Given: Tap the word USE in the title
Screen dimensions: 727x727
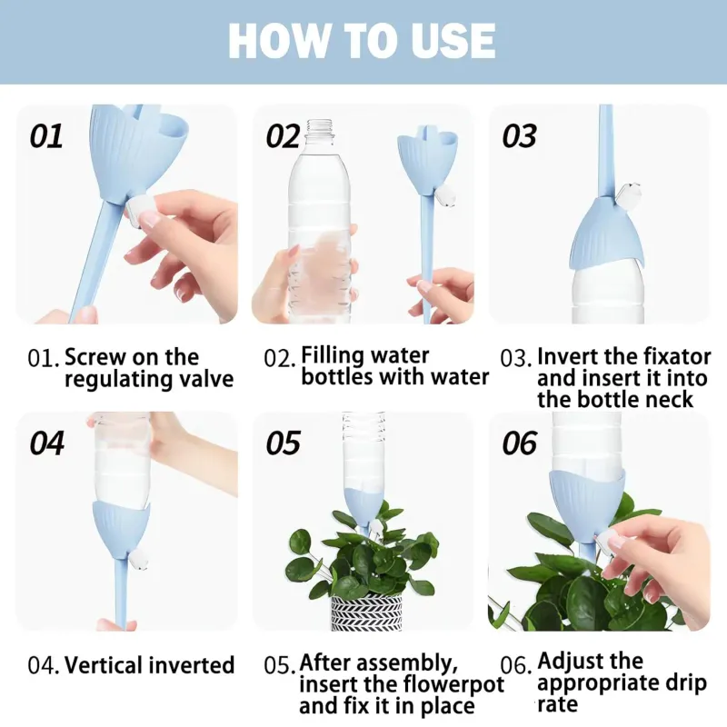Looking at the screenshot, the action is pos(450,41).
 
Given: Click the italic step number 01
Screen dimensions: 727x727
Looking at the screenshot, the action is pos(46,136).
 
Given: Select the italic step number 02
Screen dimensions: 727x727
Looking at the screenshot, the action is pos(283,136).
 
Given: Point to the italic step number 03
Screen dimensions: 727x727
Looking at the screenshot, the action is pos(519,136).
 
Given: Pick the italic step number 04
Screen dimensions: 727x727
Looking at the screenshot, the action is pos(47,443).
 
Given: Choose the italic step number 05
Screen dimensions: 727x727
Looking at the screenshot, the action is pos(283,443).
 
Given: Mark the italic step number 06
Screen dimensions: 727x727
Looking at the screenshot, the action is pos(519,443).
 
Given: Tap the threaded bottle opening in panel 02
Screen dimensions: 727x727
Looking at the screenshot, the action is pos(320,127).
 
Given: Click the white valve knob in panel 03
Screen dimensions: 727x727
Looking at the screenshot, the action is pos(629,194).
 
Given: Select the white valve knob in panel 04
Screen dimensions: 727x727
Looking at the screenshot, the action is pos(138,559).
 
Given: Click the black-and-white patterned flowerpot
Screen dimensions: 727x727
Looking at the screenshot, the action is pos(366,611).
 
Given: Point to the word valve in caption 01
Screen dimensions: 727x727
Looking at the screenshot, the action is pos(207,379).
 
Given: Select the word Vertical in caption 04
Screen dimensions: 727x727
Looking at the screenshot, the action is pos(101,665).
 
